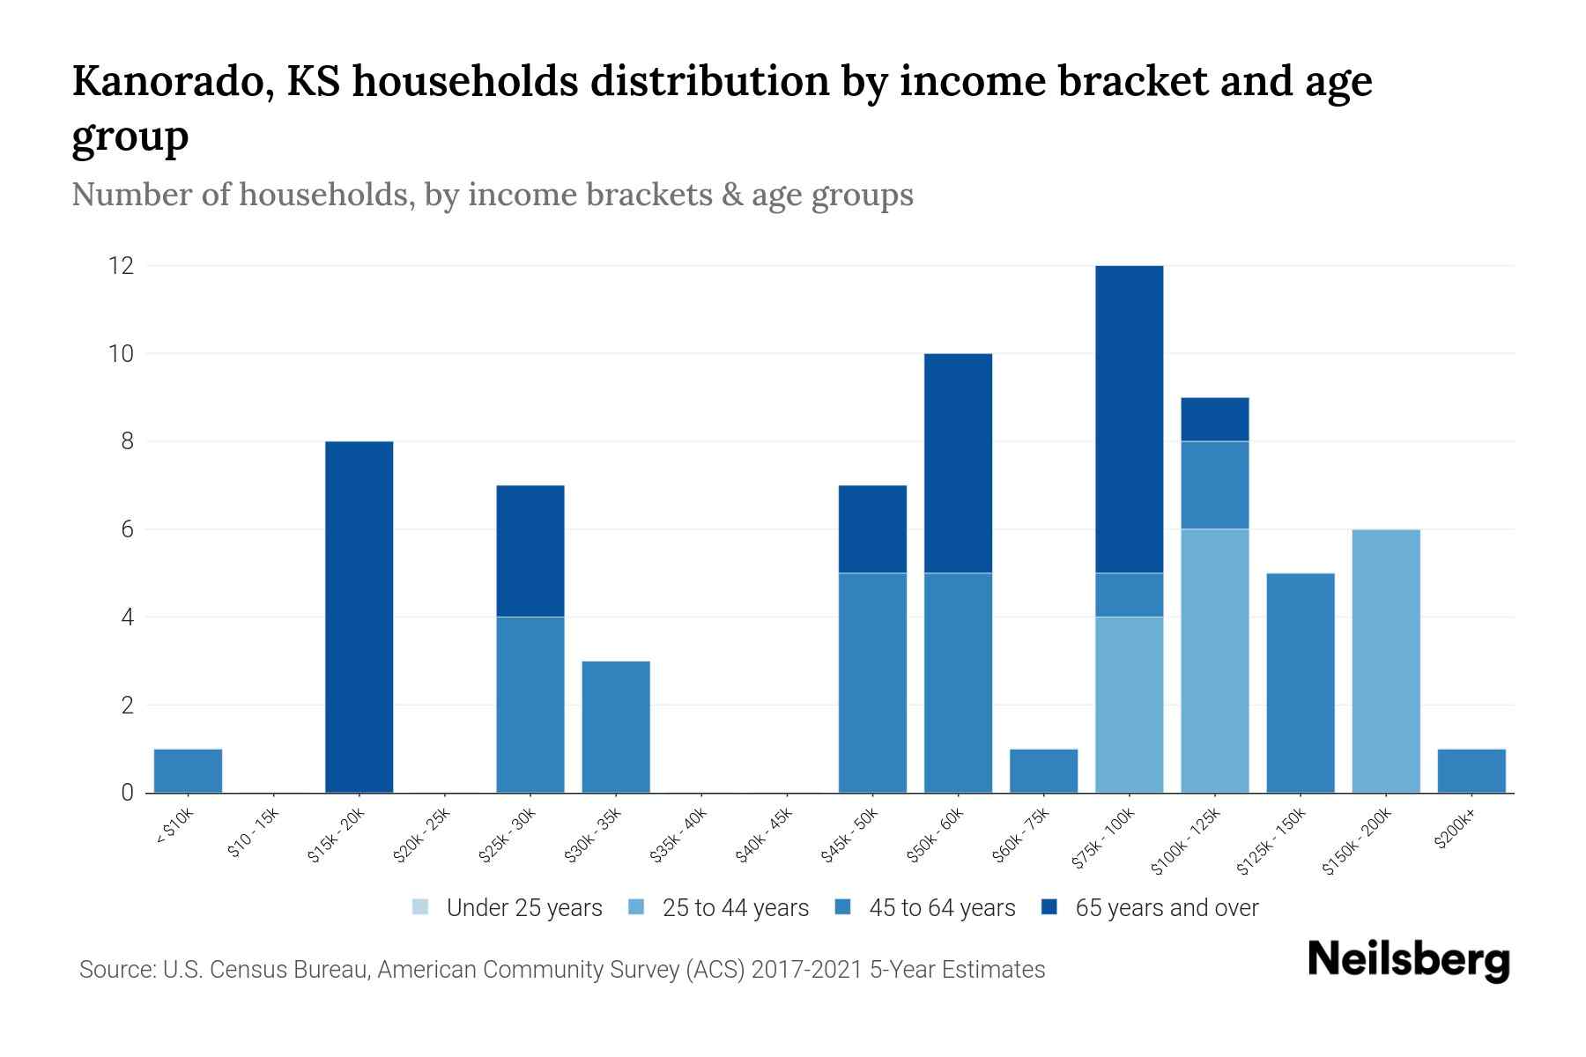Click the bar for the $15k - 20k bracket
click(359, 617)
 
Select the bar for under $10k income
click(188, 771)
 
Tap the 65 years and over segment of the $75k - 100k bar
click(1129, 419)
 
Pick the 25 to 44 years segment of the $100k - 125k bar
click(1214, 661)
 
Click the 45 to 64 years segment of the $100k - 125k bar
click(1214, 484)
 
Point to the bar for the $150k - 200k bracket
click(1386, 661)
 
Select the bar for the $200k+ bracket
click(1471, 771)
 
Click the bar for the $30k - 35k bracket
click(616, 727)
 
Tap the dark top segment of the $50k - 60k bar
click(958, 463)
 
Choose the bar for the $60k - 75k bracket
click(1043, 771)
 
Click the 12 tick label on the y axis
click(121, 265)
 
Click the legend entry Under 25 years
click(523, 908)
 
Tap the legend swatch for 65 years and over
click(1049, 907)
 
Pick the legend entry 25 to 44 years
click(735, 908)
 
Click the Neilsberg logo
click(1408, 961)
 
